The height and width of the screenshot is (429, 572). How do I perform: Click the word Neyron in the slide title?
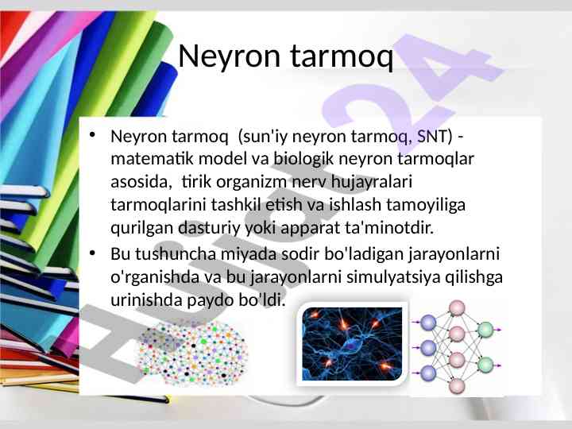click(x=229, y=56)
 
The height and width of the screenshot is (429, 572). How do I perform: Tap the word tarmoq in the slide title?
click(x=342, y=57)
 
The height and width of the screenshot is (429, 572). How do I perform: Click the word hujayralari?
click(x=371, y=183)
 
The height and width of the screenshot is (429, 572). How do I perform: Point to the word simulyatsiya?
click(x=392, y=277)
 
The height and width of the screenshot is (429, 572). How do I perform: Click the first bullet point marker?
click(x=92, y=135)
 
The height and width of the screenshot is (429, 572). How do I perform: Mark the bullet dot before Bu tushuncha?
click(x=92, y=253)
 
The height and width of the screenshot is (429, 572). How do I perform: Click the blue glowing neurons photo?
click(x=353, y=344)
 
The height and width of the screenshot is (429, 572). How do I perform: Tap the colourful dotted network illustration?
click(x=192, y=353)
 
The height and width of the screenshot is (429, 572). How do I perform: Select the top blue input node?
click(x=428, y=323)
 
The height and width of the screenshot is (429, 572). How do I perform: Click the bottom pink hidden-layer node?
click(x=456, y=386)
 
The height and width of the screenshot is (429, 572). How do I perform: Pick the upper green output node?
click(x=485, y=330)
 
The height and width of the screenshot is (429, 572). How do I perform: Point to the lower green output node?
click(x=485, y=365)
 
